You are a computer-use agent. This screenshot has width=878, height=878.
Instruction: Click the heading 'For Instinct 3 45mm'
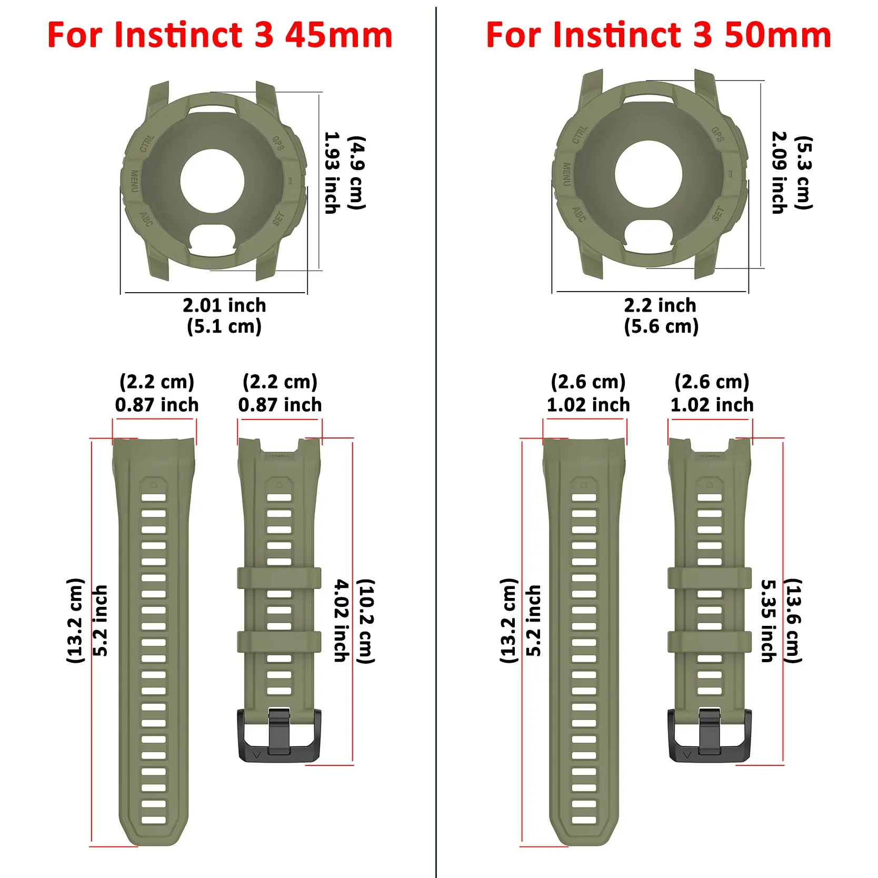[220, 35]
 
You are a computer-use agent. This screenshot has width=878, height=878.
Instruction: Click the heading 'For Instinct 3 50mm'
[658, 35]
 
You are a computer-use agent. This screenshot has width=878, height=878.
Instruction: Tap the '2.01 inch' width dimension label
[224, 305]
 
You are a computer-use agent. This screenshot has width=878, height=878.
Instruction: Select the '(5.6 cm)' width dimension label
[661, 326]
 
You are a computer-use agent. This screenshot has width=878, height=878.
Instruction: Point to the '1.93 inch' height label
[331, 173]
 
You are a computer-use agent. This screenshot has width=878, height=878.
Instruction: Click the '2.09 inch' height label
[779, 173]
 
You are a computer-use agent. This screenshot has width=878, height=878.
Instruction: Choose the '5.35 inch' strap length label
[769, 621]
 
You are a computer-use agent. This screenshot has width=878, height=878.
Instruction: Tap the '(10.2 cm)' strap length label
[366, 621]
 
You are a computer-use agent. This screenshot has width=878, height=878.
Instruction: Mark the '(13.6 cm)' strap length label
[793, 621]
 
